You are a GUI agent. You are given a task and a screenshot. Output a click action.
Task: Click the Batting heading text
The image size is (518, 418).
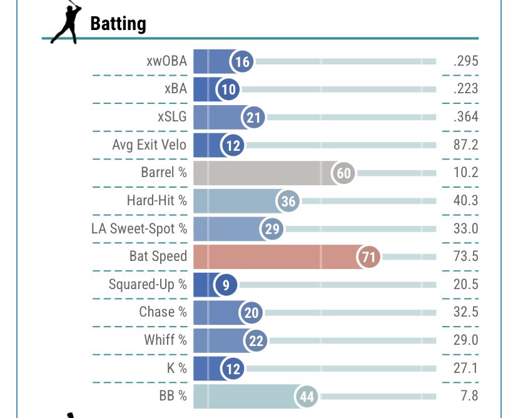click(x=118, y=24)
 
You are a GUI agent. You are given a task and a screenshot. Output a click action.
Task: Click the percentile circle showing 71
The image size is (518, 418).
click(x=368, y=257)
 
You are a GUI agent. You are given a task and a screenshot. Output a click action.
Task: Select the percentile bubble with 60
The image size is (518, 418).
click(x=344, y=173)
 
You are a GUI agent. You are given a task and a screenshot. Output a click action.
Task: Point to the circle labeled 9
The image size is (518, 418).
click(x=225, y=285)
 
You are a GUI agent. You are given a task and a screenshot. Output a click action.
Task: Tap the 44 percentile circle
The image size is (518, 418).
click(x=307, y=397)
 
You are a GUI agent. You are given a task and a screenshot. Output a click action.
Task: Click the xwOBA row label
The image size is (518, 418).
click(x=166, y=61)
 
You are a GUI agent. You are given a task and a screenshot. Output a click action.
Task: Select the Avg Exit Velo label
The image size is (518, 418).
click(x=149, y=145)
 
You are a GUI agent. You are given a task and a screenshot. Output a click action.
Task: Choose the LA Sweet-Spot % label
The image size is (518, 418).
click(x=139, y=228)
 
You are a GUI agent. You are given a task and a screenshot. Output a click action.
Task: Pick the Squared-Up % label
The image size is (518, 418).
click(x=148, y=284)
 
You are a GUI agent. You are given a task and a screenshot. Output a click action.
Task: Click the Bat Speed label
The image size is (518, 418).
click(x=158, y=256)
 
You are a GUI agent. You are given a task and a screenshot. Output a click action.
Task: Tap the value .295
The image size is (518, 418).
click(x=466, y=61)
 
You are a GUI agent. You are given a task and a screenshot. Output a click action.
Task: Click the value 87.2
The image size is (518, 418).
click(x=466, y=145)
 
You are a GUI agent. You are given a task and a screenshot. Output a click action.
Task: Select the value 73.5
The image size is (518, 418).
click(x=466, y=256)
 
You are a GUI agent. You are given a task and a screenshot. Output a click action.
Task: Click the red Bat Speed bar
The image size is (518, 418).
click(x=275, y=257)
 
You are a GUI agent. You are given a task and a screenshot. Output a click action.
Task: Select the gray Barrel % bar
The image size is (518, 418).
click(x=263, y=173)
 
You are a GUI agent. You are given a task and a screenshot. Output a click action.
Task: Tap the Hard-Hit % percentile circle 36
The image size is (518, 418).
click(x=288, y=201)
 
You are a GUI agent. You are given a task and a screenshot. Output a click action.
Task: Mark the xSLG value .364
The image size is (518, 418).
click(x=466, y=117)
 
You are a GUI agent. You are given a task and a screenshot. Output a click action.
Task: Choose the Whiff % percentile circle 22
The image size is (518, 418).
click(x=256, y=340)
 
